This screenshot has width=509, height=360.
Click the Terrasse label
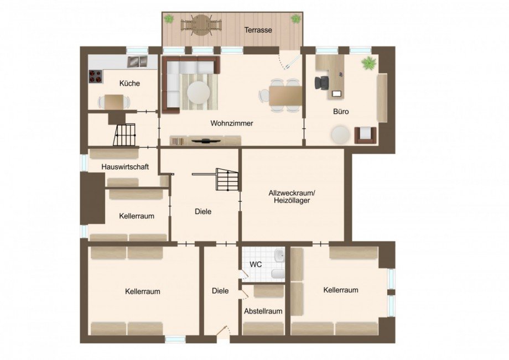(x=258, y=30)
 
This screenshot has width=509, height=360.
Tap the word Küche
(x=129, y=84)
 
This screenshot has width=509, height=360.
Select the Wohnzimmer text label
(x=231, y=123)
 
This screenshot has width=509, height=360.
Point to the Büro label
(x=341, y=111)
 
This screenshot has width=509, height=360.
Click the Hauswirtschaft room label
(x=125, y=166)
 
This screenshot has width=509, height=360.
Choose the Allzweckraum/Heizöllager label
(x=292, y=197)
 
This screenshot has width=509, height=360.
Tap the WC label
(x=255, y=264)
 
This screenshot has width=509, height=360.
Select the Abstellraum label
(x=263, y=311)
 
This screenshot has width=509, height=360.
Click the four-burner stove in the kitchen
(x=96, y=76)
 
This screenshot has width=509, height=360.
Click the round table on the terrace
(x=202, y=24)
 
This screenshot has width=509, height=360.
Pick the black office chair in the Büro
(x=322, y=83)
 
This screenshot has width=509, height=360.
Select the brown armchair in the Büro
(x=365, y=134)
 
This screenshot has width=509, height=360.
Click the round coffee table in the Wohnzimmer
(x=198, y=92)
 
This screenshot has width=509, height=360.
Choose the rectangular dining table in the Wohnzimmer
(x=285, y=95)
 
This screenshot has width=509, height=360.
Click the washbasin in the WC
(x=279, y=255)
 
